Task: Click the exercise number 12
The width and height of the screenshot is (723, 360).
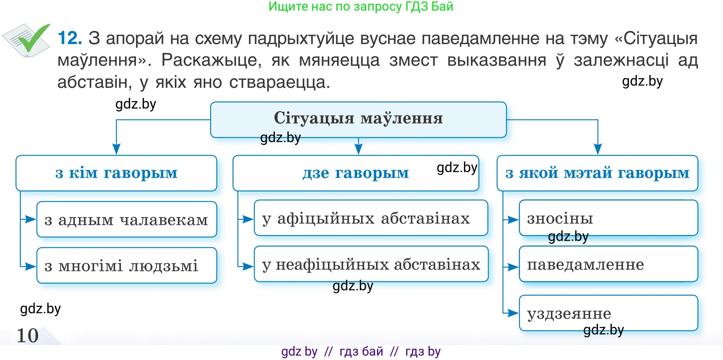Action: pyautogui.click(x=70, y=38)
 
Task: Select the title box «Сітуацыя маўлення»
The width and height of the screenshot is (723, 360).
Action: pyautogui.click(x=358, y=119)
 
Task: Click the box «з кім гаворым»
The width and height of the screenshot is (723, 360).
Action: pyautogui.click(x=116, y=173)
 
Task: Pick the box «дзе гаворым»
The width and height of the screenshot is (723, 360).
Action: pyautogui.click(x=355, y=173)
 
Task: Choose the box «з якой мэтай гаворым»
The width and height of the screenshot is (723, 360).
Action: pyautogui.click(x=597, y=173)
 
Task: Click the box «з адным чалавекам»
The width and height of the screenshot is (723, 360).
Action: pyautogui.click(x=126, y=220)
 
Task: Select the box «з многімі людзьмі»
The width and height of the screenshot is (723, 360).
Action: pyautogui.click(x=126, y=266)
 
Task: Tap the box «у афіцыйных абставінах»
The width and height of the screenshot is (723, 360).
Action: pyautogui.click(x=370, y=218)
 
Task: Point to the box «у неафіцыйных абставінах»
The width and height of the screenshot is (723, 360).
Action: pyautogui.click(x=371, y=264)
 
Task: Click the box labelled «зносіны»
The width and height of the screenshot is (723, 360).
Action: pyautogui.click(x=608, y=218)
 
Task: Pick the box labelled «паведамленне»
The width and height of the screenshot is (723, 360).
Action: pyautogui.click(x=608, y=264)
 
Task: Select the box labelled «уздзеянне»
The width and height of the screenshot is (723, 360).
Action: pyautogui.click(x=608, y=313)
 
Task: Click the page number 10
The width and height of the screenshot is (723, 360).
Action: pyautogui.click(x=27, y=335)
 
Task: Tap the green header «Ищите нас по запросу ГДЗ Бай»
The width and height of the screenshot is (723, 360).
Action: pyautogui.click(x=361, y=7)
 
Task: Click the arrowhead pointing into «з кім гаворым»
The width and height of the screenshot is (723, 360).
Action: pyautogui.click(x=117, y=149)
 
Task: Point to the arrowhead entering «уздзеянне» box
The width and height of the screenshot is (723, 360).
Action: pyautogui.click(x=513, y=313)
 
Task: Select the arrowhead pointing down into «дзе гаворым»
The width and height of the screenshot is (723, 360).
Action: pyautogui.click(x=358, y=149)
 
